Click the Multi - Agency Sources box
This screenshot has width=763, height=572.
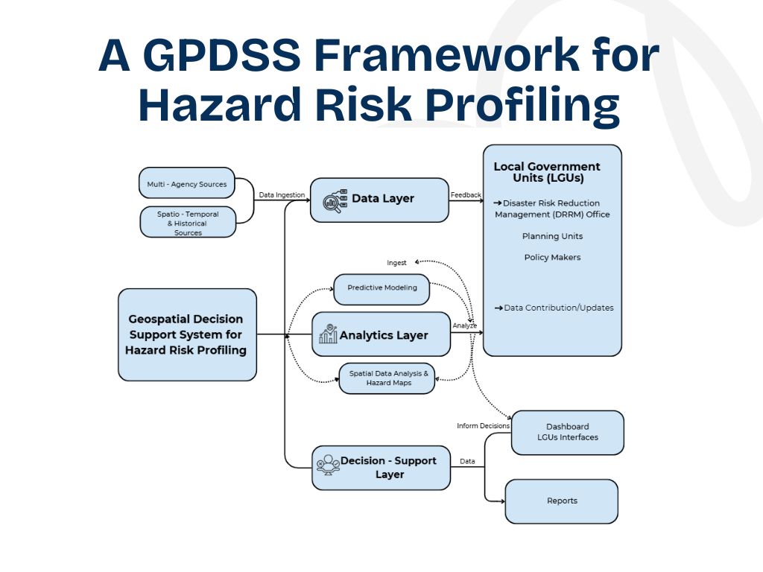(186, 183)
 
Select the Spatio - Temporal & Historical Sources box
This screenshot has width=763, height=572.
(188, 223)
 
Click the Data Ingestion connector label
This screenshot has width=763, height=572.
(282, 195)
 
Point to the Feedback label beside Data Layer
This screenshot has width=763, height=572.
(466, 195)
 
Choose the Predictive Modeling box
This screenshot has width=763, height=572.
(381, 288)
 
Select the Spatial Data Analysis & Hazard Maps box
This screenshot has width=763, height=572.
(387, 378)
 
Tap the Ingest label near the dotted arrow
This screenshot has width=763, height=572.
(396, 263)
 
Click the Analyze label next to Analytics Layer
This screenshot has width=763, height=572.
(465, 325)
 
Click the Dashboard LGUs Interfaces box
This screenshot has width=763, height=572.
(567, 432)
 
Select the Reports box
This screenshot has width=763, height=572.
(561, 500)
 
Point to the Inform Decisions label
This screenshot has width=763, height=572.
(483, 426)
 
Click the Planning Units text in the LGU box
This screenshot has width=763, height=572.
(552, 236)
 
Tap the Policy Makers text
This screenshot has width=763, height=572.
(552, 257)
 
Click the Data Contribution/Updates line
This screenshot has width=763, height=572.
(554, 308)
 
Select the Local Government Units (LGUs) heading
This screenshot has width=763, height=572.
(547, 172)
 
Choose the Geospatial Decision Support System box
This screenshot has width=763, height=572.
(187, 334)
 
